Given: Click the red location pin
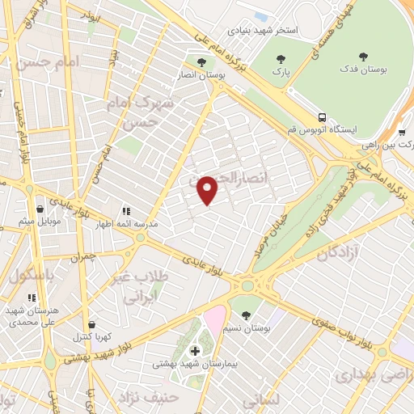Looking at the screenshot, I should (x=208, y=190).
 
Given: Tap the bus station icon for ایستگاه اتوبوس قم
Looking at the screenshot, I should (x=322, y=116).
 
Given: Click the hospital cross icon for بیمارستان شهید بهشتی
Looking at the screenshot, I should (x=194, y=350).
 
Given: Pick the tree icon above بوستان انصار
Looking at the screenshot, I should (x=201, y=61).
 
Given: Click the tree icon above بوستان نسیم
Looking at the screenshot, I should (x=246, y=315).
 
